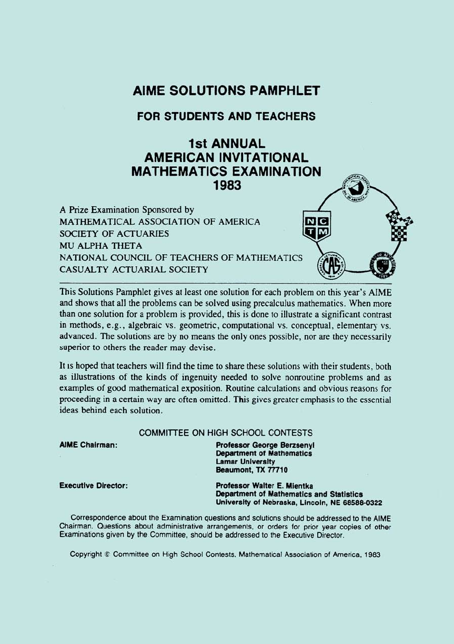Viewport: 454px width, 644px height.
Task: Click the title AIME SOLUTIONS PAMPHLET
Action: click(226, 91)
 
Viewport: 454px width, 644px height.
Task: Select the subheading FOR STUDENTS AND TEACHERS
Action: click(226, 116)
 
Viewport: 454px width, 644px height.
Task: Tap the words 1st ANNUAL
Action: click(226, 143)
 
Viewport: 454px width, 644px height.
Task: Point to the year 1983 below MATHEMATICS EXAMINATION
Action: click(226, 185)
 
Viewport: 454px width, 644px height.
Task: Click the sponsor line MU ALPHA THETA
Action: click(100, 246)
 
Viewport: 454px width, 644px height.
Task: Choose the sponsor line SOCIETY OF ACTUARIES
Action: click(115, 234)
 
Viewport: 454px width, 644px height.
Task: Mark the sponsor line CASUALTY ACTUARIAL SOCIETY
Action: click(134, 270)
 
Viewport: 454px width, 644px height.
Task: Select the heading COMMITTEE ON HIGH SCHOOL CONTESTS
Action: click(226, 433)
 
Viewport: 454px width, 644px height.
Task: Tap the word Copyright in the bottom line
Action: click(87, 554)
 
